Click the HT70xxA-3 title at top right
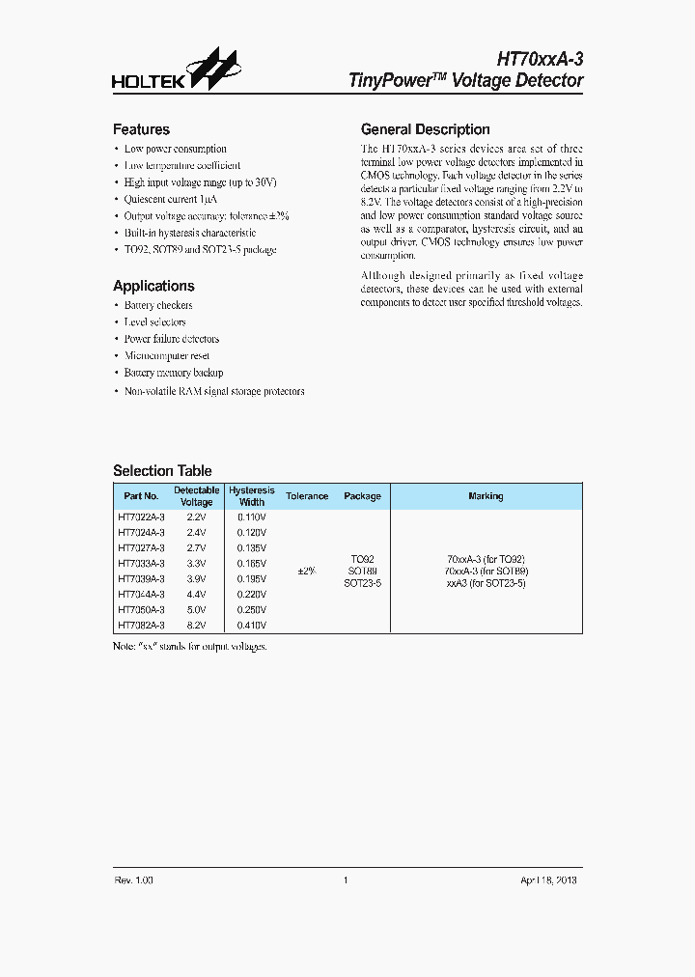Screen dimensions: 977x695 (541, 60)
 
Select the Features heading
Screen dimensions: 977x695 (141, 129)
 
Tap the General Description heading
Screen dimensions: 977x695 (425, 129)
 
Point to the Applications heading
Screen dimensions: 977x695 (153, 286)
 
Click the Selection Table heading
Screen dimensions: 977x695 (162, 471)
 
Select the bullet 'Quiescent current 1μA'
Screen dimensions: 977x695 (171, 199)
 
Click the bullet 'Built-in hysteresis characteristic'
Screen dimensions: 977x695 (190, 233)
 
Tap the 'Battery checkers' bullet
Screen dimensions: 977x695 (158, 305)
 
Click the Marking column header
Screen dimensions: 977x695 (486, 496)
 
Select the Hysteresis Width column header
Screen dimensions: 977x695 (252, 496)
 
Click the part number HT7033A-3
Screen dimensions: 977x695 (141, 563)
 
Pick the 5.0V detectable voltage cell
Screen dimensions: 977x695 (196, 609)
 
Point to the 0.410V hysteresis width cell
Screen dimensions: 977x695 (252, 625)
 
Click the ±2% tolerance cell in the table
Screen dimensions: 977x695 (306, 571)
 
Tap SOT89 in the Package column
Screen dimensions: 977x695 (362, 571)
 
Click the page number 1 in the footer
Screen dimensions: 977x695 (345, 880)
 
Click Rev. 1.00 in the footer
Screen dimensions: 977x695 (134, 880)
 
